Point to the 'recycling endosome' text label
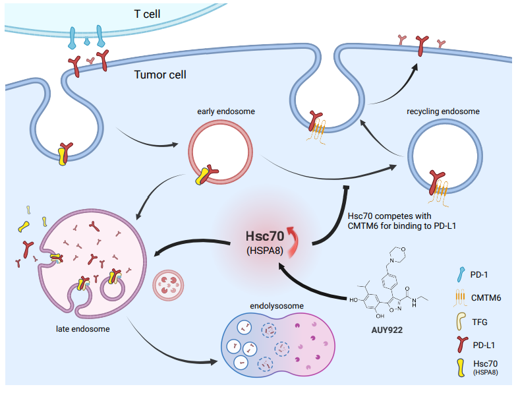(x=444, y=112)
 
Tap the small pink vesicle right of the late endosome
(x=164, y=285)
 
